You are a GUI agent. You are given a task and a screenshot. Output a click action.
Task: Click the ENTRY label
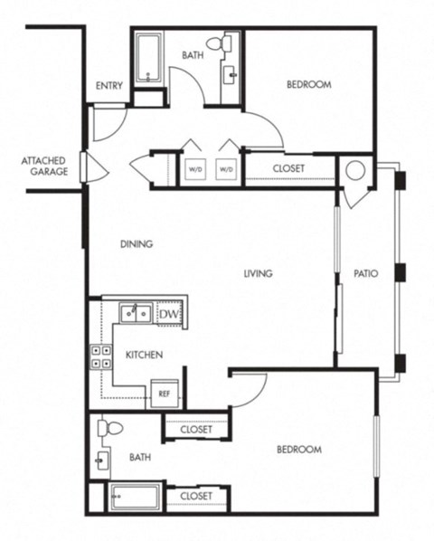[108, 86]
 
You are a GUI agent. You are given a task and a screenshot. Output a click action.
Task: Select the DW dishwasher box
[169, 313]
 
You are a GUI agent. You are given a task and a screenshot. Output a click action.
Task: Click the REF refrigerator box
[164, 394]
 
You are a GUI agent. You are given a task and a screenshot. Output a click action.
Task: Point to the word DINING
[136, 244]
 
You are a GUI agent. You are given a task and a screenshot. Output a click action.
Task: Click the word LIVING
[258, 273]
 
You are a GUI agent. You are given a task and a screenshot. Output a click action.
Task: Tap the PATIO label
[365, 273]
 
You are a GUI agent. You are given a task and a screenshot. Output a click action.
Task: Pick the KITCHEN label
[144, 355]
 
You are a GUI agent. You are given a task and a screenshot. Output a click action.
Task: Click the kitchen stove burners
[99, 356]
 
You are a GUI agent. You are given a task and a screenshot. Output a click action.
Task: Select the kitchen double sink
[137, 313]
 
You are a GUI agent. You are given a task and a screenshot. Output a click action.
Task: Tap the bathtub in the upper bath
[147, 60]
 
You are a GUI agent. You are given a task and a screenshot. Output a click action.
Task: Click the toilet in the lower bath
[108, 428]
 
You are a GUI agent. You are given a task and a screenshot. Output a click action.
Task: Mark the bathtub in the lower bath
[135, 498]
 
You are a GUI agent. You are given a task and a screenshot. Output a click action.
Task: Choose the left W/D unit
[195, 168]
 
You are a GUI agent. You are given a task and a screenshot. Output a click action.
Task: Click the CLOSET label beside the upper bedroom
[288, 169]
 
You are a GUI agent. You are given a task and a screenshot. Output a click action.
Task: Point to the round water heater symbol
[355, 170]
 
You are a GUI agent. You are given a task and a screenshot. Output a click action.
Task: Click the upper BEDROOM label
[308, 85]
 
